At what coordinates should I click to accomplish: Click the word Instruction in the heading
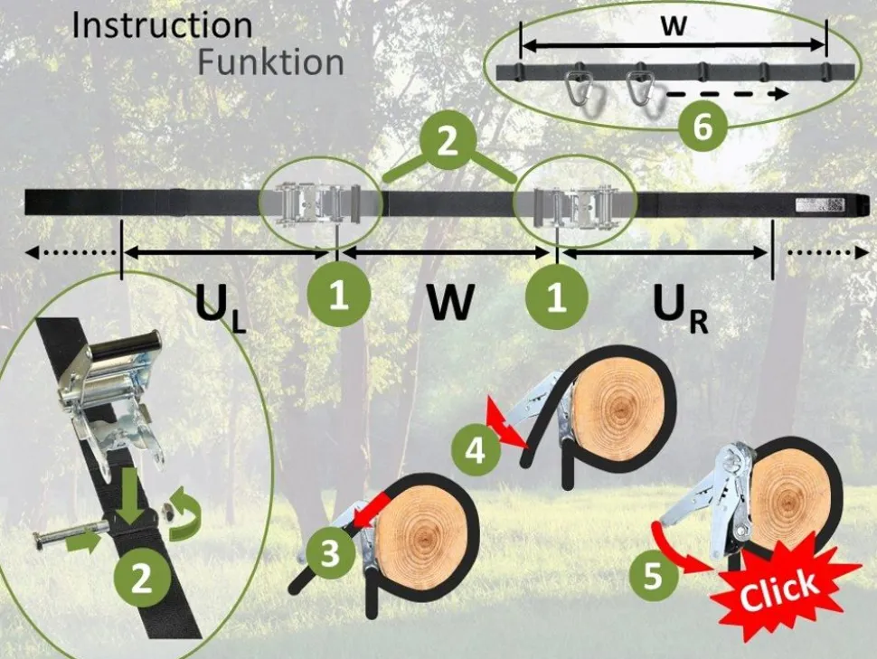162,25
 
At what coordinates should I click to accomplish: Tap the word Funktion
270,62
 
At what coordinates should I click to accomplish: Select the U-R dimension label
679,311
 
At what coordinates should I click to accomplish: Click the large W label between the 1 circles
450,306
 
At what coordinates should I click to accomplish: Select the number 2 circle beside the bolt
141,578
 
